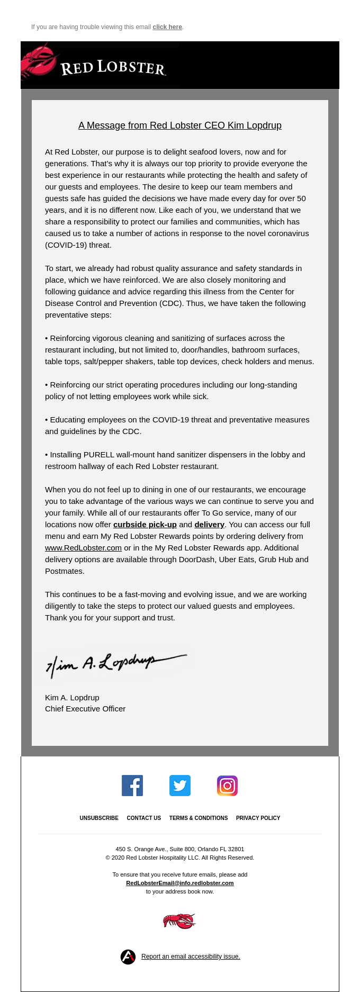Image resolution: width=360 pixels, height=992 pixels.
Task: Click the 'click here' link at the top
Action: tap(167, 27)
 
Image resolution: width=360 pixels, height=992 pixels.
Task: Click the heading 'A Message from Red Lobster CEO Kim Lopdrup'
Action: tap(180, 125)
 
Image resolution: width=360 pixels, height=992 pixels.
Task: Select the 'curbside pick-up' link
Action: tap(145, 525)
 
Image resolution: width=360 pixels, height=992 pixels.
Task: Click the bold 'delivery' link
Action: tap(209, 525)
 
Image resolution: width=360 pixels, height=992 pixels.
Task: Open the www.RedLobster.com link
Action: tap(83, 548)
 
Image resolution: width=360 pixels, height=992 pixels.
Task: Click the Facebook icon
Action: tap(132, 786)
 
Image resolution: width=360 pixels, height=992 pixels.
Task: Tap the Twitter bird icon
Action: tap(180, 786)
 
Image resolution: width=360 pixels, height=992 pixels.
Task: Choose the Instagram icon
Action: tap(227, 786)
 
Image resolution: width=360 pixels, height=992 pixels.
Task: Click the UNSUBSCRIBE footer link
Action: tap(99, 818)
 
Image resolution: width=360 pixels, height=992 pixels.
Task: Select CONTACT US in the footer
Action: tap(144, 818)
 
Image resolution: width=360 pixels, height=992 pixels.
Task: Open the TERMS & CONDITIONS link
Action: tap(199, 818)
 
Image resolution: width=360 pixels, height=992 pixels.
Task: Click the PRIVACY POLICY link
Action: tap(258, 818)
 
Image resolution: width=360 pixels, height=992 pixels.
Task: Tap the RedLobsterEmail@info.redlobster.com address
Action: tap(180, 883)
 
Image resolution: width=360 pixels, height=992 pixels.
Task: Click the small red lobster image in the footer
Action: tap(179, 921)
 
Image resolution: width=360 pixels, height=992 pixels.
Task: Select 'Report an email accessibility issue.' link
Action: tap(191, 957)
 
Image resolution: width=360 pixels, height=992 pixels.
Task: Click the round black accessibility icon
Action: tap(128, 957)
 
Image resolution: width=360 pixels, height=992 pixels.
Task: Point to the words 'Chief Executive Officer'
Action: tap(85, 709)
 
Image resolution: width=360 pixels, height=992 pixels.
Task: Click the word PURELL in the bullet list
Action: tap(99, 455)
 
